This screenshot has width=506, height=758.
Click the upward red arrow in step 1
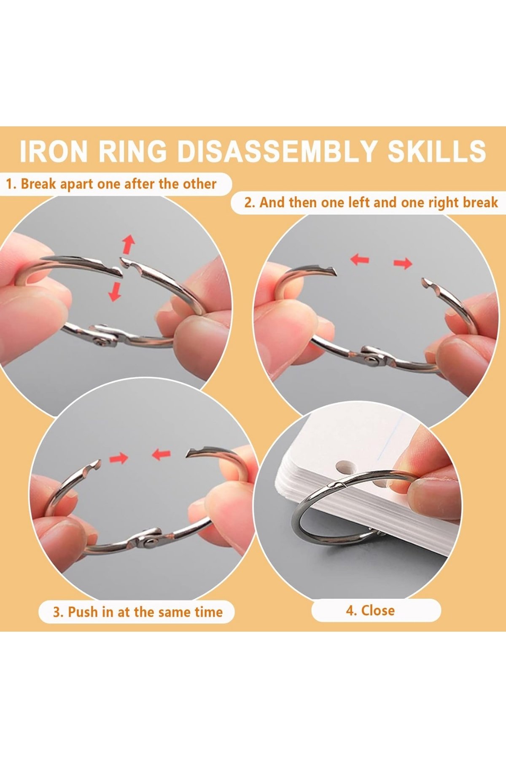128,244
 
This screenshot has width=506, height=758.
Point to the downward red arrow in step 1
114,292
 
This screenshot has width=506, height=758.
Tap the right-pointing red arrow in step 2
403,264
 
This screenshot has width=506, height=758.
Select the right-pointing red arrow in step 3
118,458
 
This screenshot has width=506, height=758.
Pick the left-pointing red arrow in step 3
161,454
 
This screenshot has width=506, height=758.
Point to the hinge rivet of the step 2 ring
371,359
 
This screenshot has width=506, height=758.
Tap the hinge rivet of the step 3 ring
148,543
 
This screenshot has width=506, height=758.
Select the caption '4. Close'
370,611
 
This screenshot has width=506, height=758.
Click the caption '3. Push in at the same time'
137,612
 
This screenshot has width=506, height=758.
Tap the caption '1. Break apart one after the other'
111,184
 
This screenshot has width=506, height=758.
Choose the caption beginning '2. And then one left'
371,203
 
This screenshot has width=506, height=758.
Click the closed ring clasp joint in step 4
337,486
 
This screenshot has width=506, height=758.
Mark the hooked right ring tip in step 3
191,453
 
